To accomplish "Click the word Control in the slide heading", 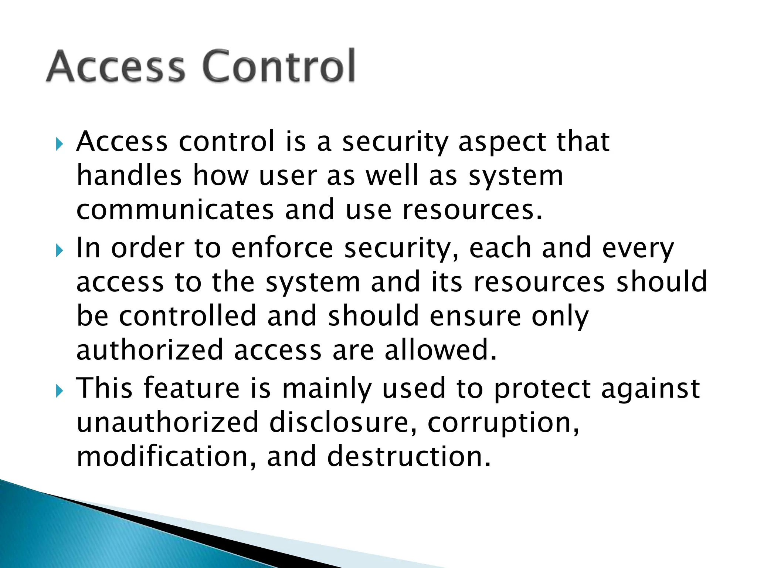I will pos(279,67).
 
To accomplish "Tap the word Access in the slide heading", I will pos(116,67).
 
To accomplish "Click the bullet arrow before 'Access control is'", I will pos(60,144).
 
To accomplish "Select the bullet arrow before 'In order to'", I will pos(60,251).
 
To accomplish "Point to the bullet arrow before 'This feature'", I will pos(60,391).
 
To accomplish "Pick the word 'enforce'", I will pos(282,248).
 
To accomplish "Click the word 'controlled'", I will pos(187,316).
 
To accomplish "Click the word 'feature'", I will pos(191,388).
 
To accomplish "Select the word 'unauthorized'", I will pos(167,423).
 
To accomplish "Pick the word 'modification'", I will pos(162,457).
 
